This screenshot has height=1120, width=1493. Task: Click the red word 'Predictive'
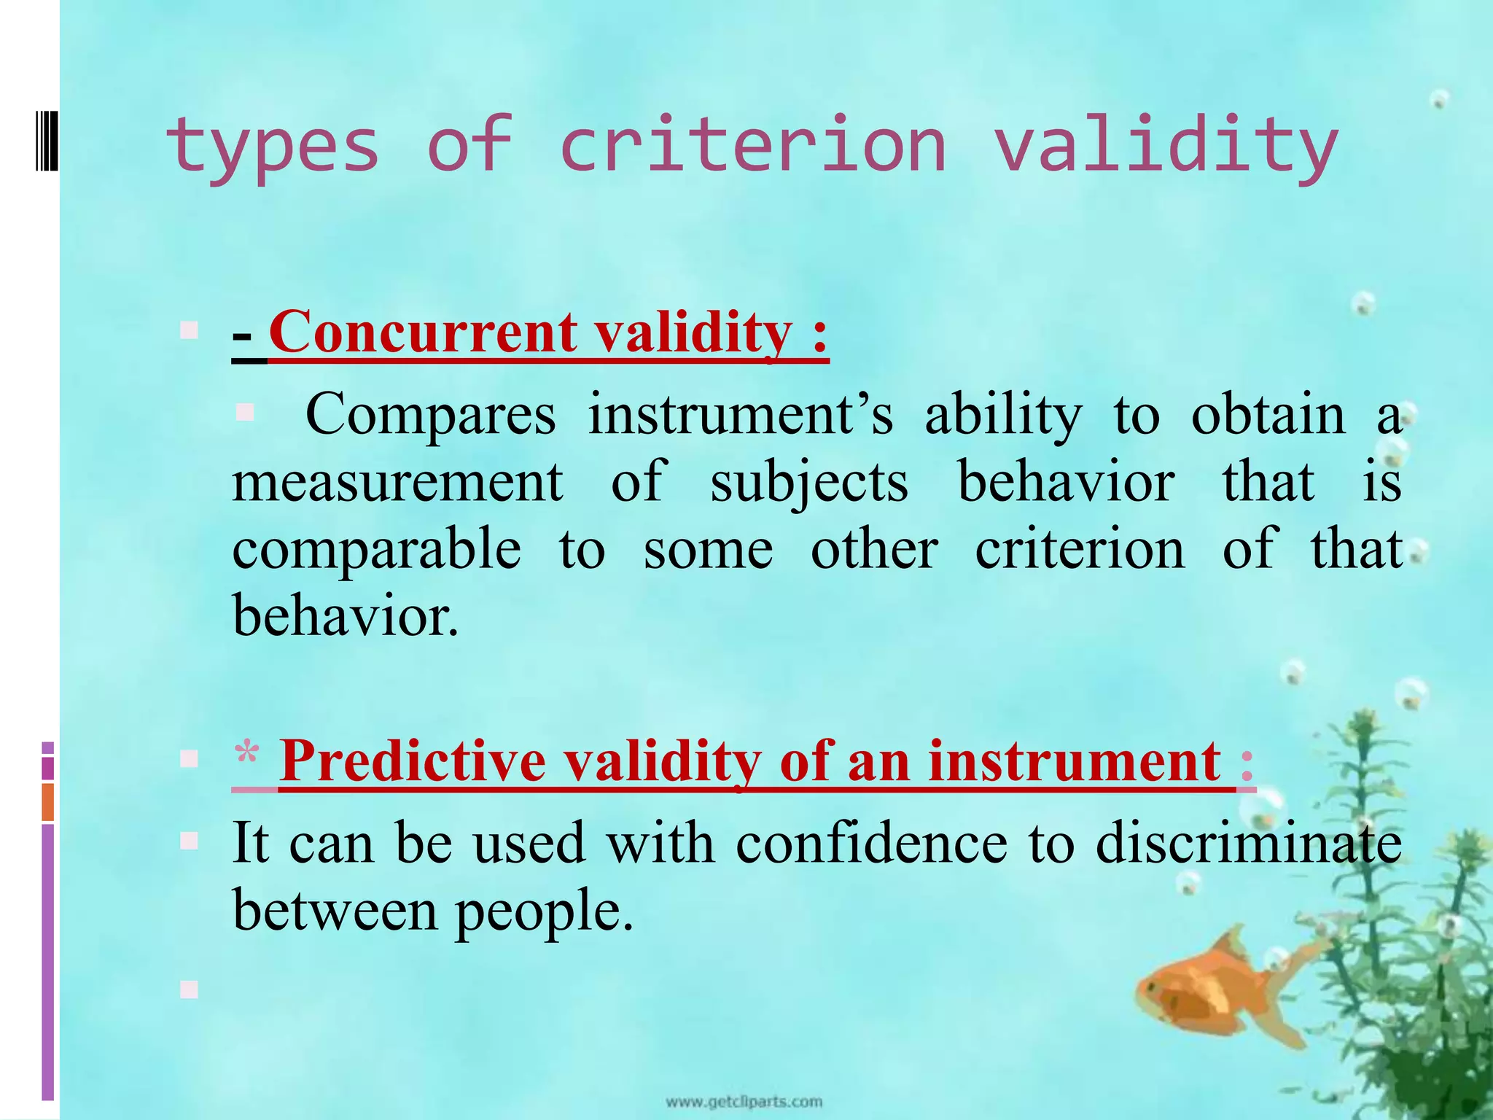(x=412, y=762)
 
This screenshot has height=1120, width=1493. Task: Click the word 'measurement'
(x=397, y=483)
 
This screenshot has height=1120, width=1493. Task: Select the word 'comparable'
(x=377, y=551)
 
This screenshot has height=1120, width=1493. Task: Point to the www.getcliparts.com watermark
(x=744, y=1102)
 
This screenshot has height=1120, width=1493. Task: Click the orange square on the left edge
(x=48, y=802)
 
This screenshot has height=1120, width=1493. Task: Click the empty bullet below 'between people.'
(x=189, y=989)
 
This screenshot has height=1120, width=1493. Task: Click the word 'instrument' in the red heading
(x=1075, y=762)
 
